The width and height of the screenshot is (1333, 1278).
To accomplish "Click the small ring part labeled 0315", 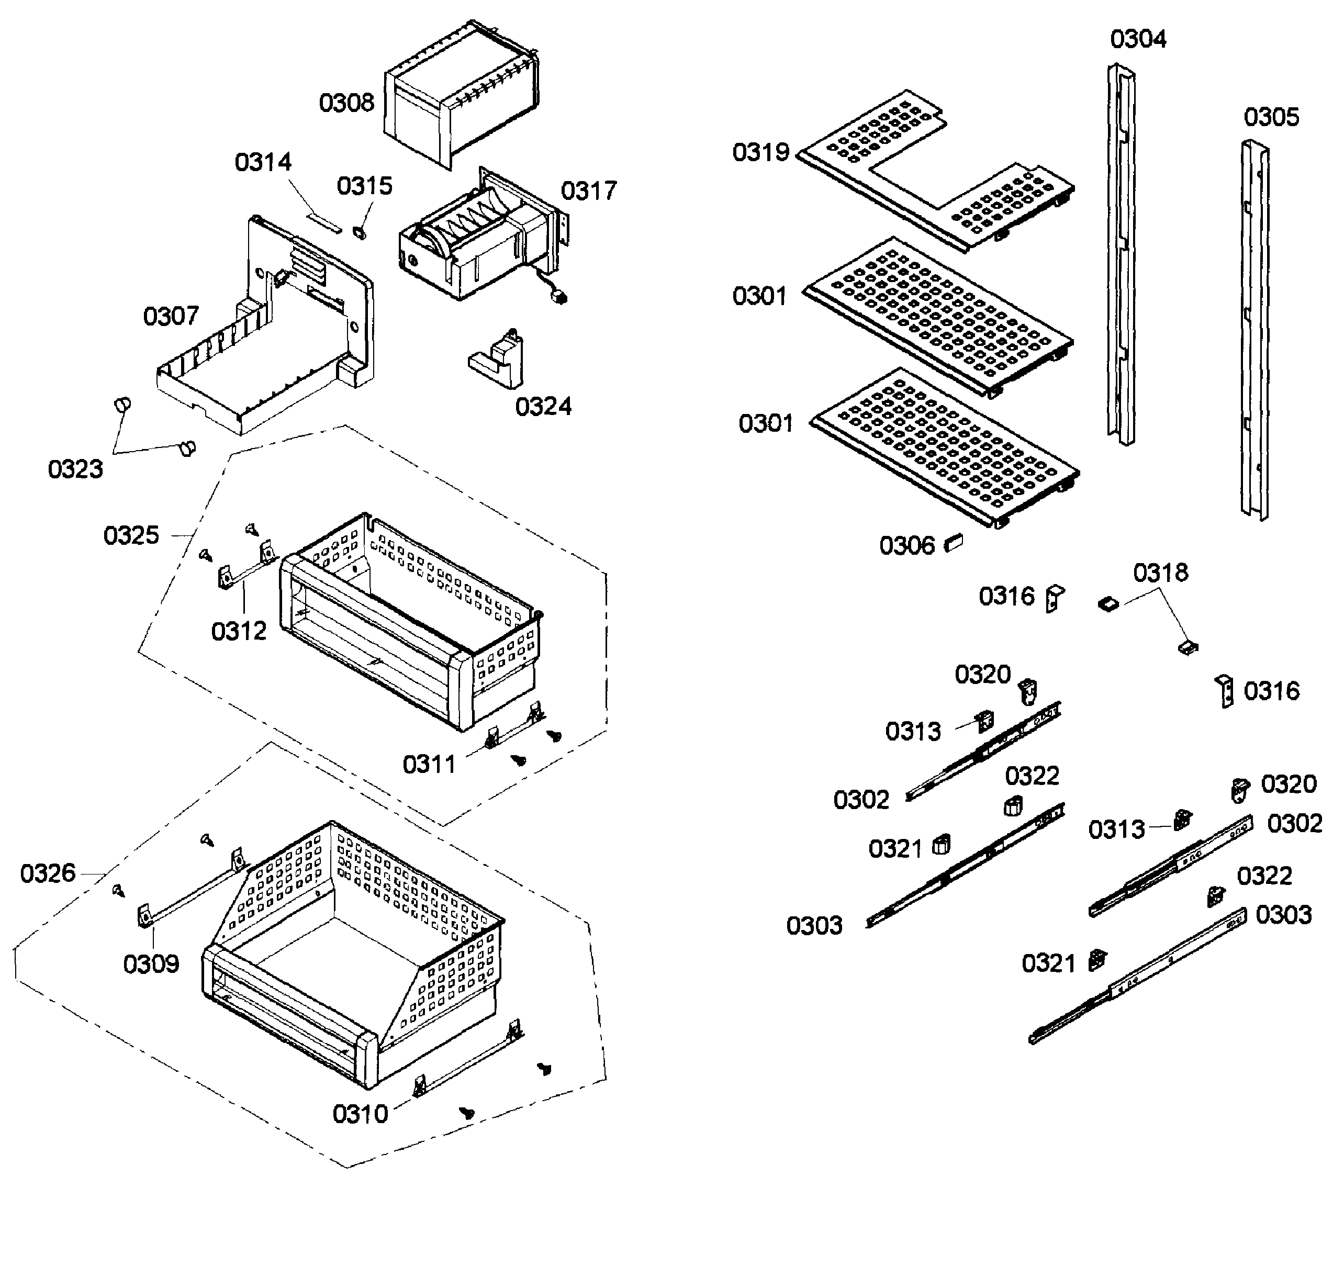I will click(359, 233).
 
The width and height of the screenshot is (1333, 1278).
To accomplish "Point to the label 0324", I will click(543, 407).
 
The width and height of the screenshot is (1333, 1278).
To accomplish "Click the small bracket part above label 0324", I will click(500, 358).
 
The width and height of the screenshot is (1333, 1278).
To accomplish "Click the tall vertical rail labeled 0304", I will click(1120, 255).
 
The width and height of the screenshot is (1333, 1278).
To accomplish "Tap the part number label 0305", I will click(1270, 118).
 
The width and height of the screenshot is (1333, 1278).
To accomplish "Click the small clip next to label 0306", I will click(954, 543).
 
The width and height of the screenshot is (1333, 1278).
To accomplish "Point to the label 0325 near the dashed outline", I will click(131, 536).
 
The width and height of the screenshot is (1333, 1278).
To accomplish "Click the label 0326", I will click(48, 873).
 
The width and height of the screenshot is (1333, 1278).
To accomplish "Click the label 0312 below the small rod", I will click(239, 632).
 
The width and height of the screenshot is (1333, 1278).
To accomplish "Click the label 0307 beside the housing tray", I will click(171, 316).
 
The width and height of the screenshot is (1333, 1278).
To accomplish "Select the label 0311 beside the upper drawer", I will click(429, 765).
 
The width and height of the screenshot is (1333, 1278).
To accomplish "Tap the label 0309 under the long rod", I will click(150, 964).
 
